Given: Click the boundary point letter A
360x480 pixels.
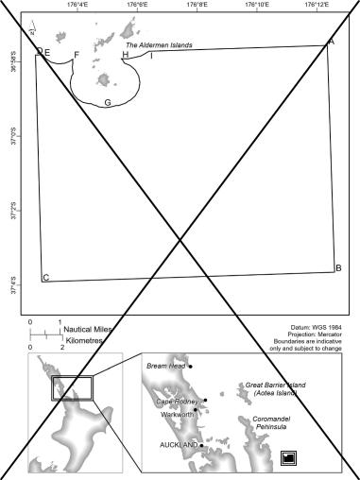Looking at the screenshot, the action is tap(331, 43).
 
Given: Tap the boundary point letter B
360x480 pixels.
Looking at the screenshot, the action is tap(337, 268).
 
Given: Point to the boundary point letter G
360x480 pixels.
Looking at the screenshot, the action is tap(108, 102).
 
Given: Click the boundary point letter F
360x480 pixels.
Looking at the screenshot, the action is tap(77, 55).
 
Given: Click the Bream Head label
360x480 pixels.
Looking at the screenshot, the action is tap(167, 365).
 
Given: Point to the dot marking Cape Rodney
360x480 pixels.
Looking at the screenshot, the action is tap(205, 400).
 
